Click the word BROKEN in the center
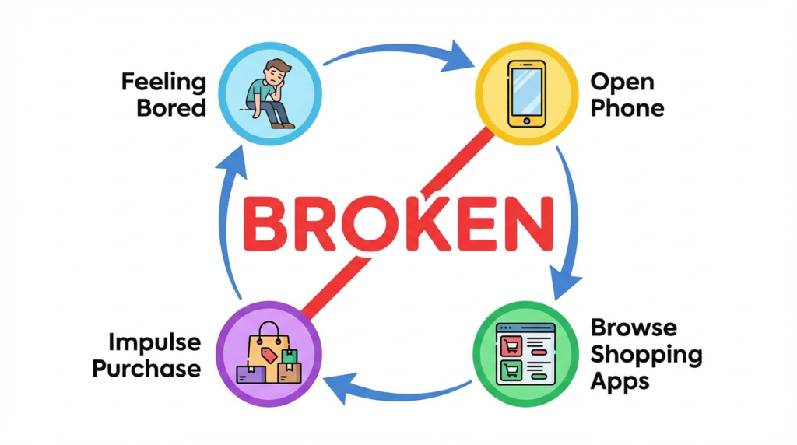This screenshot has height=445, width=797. (x=398, y=223)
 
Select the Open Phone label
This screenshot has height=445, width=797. (x=627, y=94)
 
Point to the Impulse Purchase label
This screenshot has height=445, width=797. (x=146, y=355)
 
